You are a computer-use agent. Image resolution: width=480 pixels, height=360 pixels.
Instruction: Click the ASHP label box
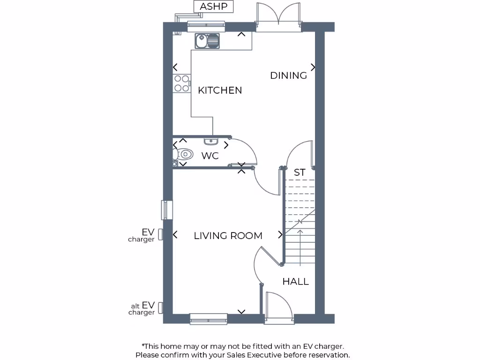[x=213, y=7]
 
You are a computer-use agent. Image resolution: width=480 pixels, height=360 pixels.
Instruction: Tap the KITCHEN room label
[x=220, y=90]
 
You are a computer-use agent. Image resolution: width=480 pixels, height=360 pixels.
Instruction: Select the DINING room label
[x=288, y=75]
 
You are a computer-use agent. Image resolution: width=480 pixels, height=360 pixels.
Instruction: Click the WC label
[x=210, y=156]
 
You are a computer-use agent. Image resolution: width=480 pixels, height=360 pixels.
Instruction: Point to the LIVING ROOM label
[x=228, y=236]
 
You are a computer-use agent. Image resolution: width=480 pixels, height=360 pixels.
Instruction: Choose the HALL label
[x=295, y=282]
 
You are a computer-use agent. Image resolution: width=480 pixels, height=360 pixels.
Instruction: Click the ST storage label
[x=299, y=172]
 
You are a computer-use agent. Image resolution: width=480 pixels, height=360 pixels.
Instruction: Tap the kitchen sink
[x=207, y=41]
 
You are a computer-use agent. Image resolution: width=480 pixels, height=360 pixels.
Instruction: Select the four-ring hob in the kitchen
[x=182, y=83]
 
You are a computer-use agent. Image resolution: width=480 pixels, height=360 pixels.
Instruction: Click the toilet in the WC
[x=183, y=154]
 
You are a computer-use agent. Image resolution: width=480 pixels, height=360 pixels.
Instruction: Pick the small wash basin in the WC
[x=210, y=140]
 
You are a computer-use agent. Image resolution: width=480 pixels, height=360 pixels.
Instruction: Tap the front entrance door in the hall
[x=278, y=307]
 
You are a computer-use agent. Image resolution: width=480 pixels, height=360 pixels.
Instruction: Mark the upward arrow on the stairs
[x=300, y=244]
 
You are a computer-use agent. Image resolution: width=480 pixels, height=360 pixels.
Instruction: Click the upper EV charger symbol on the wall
[x=160, y=234]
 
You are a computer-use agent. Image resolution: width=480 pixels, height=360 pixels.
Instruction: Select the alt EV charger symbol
[x=160, y=307]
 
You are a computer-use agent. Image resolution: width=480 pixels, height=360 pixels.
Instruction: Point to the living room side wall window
[x=167, y=210]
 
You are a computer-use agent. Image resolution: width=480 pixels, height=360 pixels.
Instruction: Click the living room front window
[x=209, y=319]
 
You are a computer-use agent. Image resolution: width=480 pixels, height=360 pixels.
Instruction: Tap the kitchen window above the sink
[x=206, y=27]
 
